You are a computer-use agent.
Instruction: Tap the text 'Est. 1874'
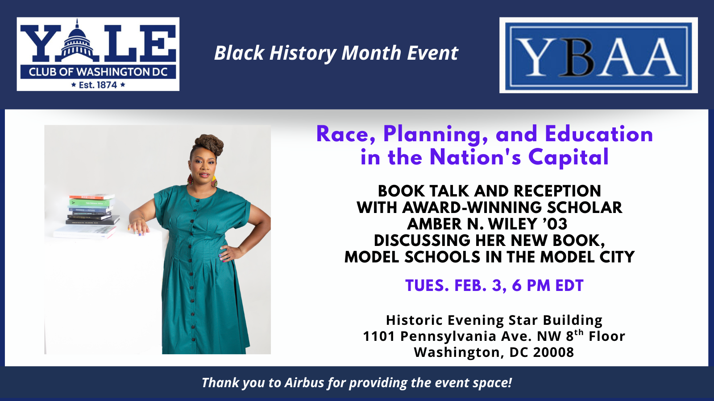tap(98, 85)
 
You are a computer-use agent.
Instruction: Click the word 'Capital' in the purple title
tap(569, 158)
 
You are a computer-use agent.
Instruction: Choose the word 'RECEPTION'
tap(557, 191)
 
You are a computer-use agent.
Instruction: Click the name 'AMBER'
tap(435, 224)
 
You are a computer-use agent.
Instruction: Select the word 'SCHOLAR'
tap(585, 208)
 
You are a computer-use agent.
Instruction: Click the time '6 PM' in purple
tap(531, 286)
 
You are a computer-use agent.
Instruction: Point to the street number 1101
tap(379, 336)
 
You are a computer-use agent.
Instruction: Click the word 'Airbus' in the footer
tap(304, 383)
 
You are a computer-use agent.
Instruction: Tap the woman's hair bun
tap(209, 145)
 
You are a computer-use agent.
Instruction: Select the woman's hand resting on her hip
tap(228, 253)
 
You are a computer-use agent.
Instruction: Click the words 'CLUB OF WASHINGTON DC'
tap(98, 72)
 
